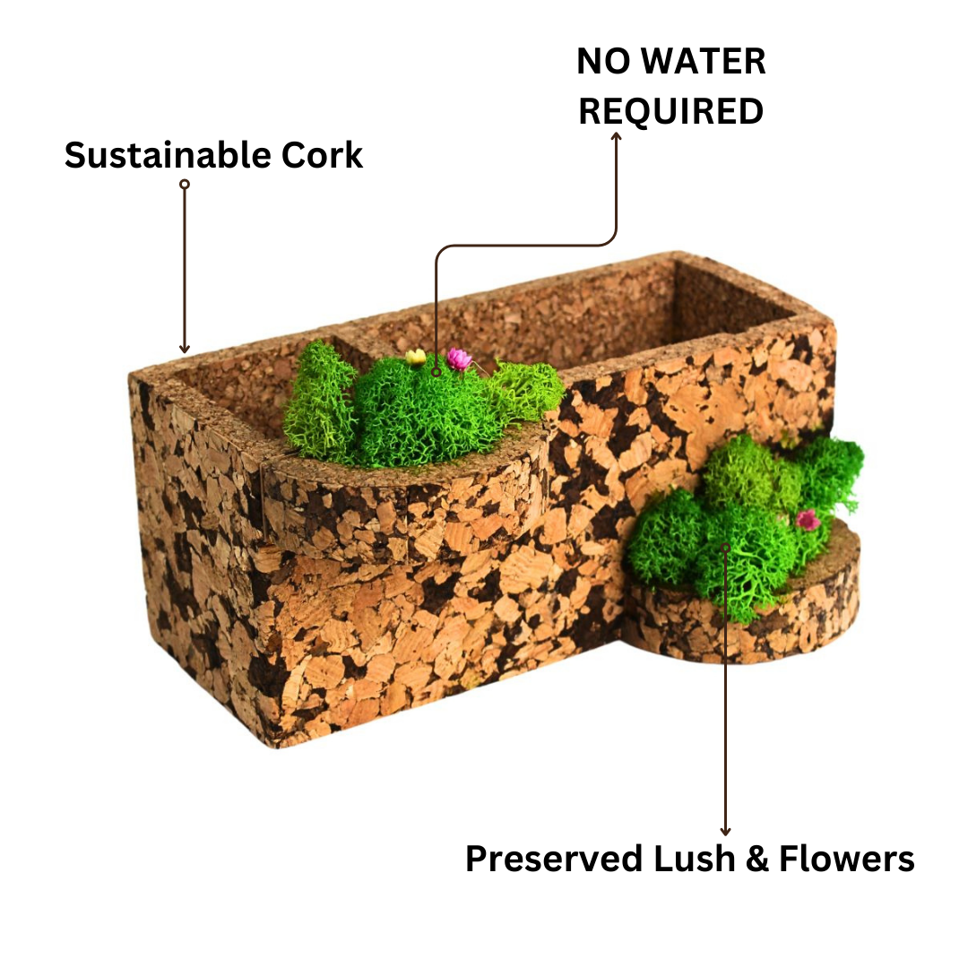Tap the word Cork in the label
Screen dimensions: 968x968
point(322,155)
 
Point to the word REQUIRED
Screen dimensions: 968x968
point(670,111)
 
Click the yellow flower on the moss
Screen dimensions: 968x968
point(415,357)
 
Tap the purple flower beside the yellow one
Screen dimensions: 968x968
point(459,359)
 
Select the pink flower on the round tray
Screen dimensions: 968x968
point(808,520)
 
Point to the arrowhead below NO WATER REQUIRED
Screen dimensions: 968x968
point(616,136)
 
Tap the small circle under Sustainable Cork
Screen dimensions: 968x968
point(185,184)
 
